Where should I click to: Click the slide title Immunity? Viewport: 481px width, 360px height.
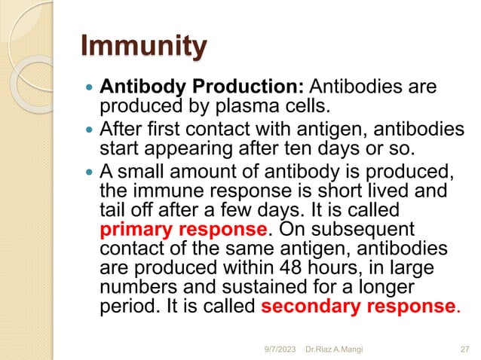pyautogui.click(x=143, y=47)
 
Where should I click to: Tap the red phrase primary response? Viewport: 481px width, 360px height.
pyautogui.click(x=183, y=227)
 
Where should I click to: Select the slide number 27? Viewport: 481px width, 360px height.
pyautogui.click(x=464, y=347)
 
